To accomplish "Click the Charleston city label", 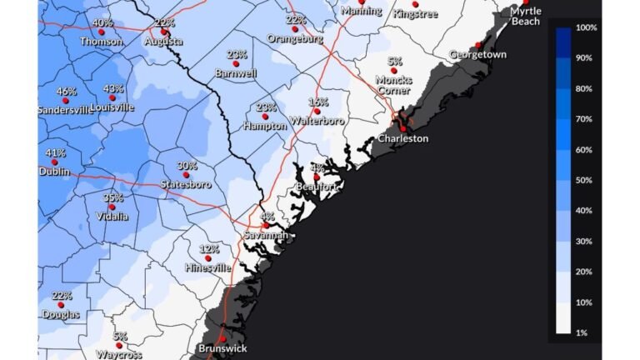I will click(x=402, y=138).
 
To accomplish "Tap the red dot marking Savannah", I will click(x=266, y=225).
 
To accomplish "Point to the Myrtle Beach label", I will click(x=526, y=16).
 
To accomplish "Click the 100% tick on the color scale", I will click(x=587, y=27).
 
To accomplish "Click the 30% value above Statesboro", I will click(x=187, y=166).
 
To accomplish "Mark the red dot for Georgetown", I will click(x=478, y=45).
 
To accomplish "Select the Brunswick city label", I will click(x=222, y=348).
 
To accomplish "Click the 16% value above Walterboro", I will click(x=318, y=102).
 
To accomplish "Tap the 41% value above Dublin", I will click(x=56, y=153).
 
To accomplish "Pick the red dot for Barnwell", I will click(x=235, y=63).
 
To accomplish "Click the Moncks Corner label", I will click(x=393, y=84).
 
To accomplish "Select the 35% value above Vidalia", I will click(x=113, y=197).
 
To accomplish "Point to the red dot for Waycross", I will click(x=119, y=344).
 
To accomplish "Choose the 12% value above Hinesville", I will click(x=209, y=248).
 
